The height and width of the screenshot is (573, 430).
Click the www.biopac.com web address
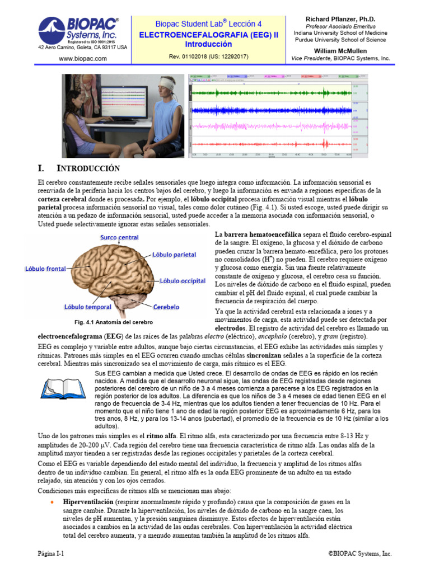pos(82,58)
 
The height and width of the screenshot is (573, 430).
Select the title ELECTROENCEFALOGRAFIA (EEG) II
pos(208,34)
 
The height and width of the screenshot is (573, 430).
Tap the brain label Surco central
pos(119,237)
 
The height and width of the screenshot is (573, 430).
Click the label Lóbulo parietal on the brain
pos(174,255)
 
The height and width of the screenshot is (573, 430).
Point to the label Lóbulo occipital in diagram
pos(183,280)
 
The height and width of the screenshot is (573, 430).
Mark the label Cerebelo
pos(166,307)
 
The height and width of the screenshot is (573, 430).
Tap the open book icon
pos(59,387)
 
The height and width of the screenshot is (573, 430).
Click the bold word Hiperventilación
pos(89,502)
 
